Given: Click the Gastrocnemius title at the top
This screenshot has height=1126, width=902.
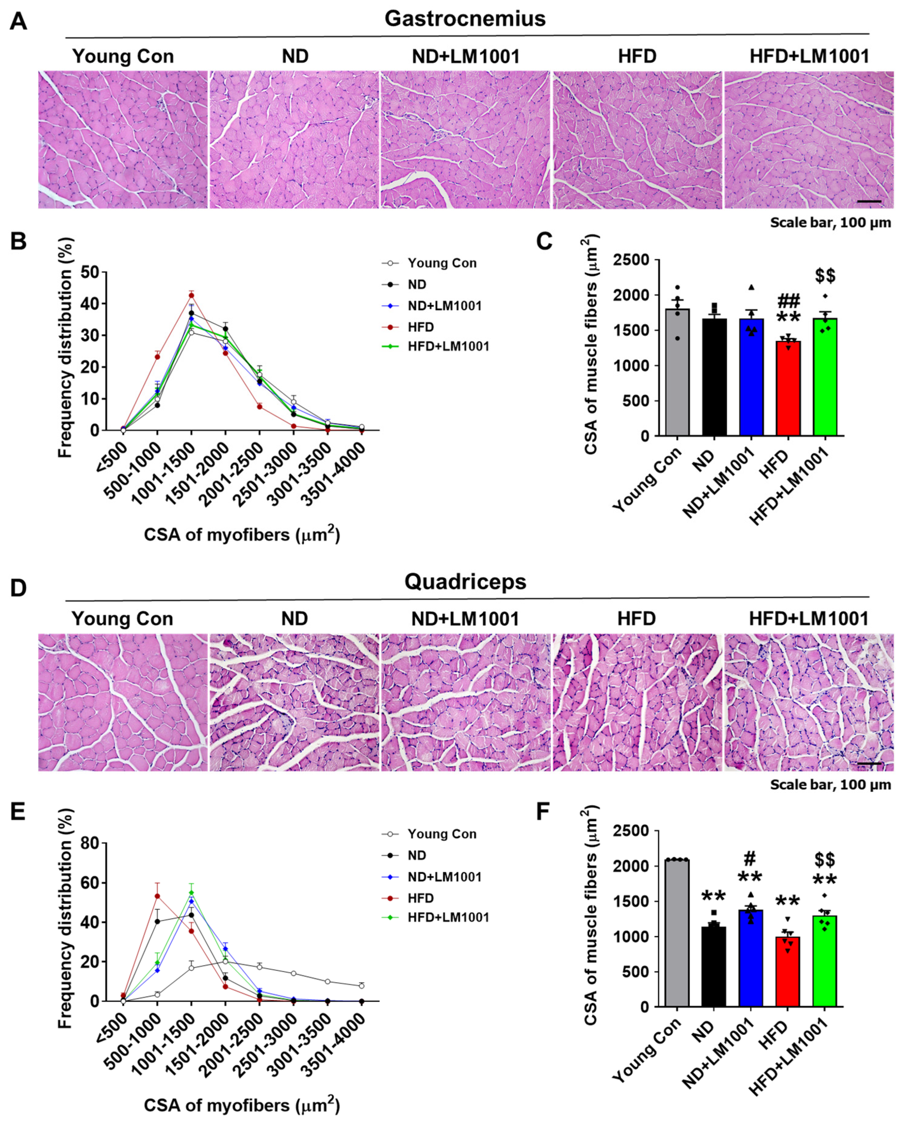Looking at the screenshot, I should pyautogui.click(x=465, y=19).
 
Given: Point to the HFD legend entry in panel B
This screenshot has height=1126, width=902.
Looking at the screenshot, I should pyautogui.click(x=420, y=327).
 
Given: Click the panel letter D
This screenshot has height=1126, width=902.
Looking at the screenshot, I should pyautogui.click(x=18, y=588).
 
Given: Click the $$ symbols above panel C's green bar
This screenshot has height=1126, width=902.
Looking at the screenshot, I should pyautogui.click(x=825, y=276).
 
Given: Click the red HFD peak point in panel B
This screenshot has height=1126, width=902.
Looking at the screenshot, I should pyautogui.click(x=191, y=295).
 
